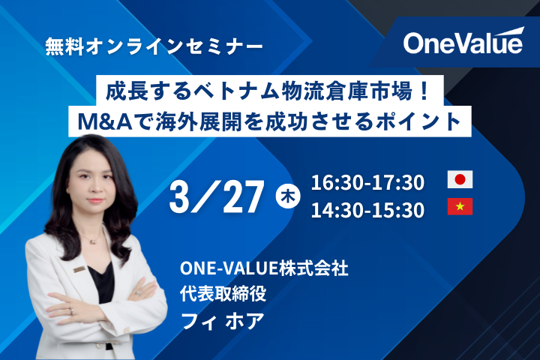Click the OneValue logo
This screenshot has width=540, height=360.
462,43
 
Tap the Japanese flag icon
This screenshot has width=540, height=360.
460,180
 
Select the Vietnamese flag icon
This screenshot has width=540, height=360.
460,207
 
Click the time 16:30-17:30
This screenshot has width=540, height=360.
367,181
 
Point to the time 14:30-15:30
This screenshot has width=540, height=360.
367,209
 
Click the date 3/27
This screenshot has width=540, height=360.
217,196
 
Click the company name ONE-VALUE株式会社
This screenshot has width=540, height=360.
265,268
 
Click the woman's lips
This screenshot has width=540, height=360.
96,202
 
